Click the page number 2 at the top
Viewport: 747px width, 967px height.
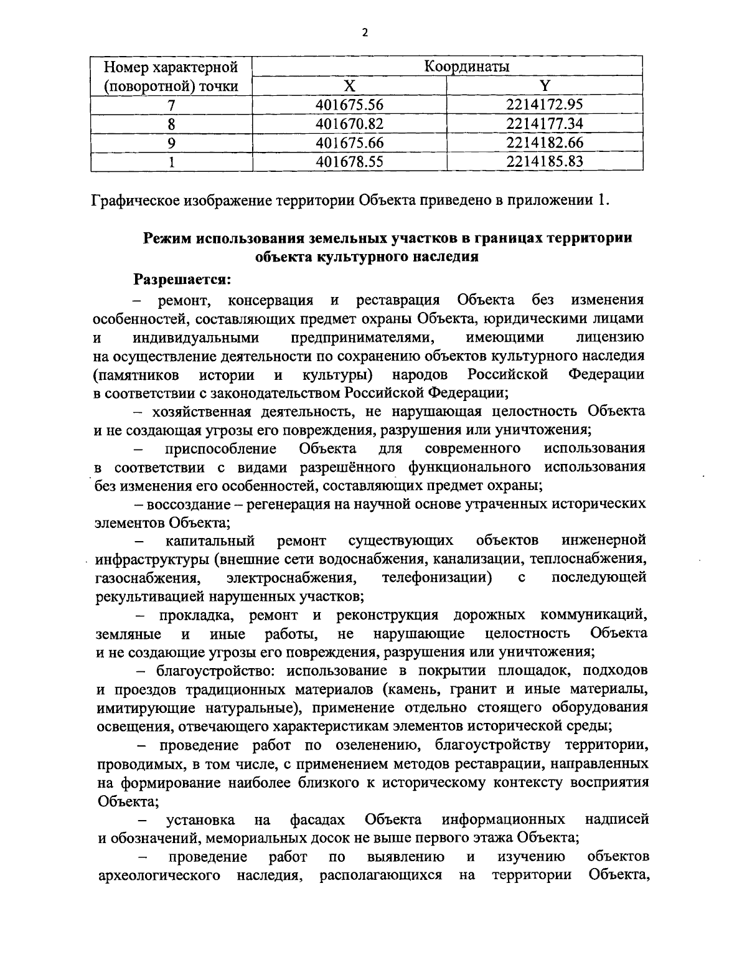tap(365, 33)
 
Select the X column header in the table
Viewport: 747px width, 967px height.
tap(350, 85)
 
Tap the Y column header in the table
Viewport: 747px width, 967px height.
tap(545, 85)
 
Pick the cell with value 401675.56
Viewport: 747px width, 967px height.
tap(350, 105)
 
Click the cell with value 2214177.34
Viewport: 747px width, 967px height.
tap(545, 123)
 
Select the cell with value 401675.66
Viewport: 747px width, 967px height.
tap(350, 143)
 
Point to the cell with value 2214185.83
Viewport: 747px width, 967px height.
tap(545, 162)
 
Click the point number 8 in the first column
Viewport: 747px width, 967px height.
tap(171, 124)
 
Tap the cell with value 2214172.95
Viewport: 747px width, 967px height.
tap(545, 105)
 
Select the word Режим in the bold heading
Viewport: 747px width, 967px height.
tap(167, 238)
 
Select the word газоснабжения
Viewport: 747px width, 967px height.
tap(148, 578)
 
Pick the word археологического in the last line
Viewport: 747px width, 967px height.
tap(159, 875)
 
